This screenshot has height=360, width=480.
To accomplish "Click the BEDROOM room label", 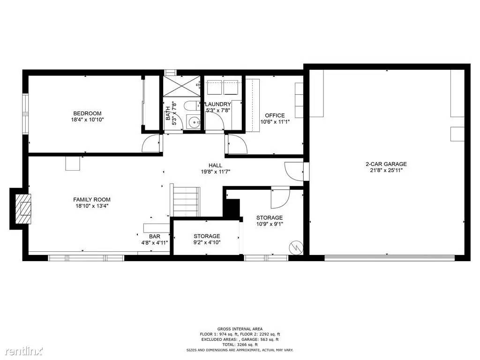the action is coord(87,113).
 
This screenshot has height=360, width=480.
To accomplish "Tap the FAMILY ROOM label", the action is coord(92,200).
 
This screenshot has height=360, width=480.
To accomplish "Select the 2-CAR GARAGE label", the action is coord(386,164).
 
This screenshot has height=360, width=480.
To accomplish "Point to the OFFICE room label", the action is coord(275,115).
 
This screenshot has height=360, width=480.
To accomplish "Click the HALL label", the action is coord(216,165).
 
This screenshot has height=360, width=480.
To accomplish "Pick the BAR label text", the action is coord(155,236).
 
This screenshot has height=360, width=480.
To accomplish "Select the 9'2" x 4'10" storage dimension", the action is coord(207,242).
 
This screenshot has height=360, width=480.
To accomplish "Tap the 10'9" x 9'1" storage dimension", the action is coord(270,224).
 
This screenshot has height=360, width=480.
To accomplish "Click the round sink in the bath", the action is coord(193,123).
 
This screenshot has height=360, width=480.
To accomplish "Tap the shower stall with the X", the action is coord(181,86).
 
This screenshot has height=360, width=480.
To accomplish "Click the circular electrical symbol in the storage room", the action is coord(296,247).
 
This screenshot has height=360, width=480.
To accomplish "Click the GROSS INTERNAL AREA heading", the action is coord(240,329).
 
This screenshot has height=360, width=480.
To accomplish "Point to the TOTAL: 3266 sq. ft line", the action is coord(240,345).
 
